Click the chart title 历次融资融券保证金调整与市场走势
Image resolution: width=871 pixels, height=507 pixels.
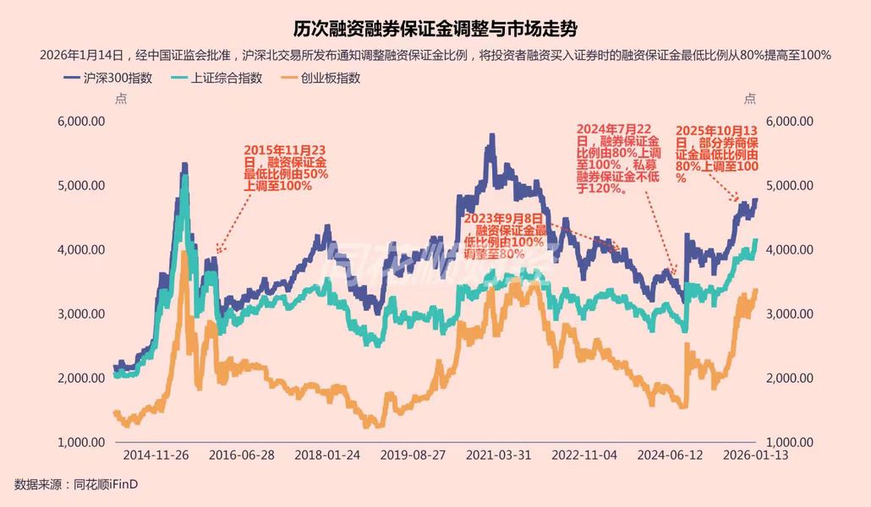(435, 29)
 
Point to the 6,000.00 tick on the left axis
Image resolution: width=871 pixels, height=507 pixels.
(81, 121)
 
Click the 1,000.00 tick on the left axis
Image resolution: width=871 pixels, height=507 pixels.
(81, 442)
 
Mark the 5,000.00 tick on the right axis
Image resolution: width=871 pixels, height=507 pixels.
(789, 185)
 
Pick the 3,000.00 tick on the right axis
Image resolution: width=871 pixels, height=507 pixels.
(789, 313)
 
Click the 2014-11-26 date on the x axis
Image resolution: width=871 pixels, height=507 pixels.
(156, 455)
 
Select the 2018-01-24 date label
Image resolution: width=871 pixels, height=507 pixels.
(327, 455)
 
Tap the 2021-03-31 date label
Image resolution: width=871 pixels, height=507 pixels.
(499, 455)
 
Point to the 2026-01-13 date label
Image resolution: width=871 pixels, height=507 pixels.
(756, 455)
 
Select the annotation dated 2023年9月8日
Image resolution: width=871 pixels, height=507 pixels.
(505, 236)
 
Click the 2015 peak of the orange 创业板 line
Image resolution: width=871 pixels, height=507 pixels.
(184, 253)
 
